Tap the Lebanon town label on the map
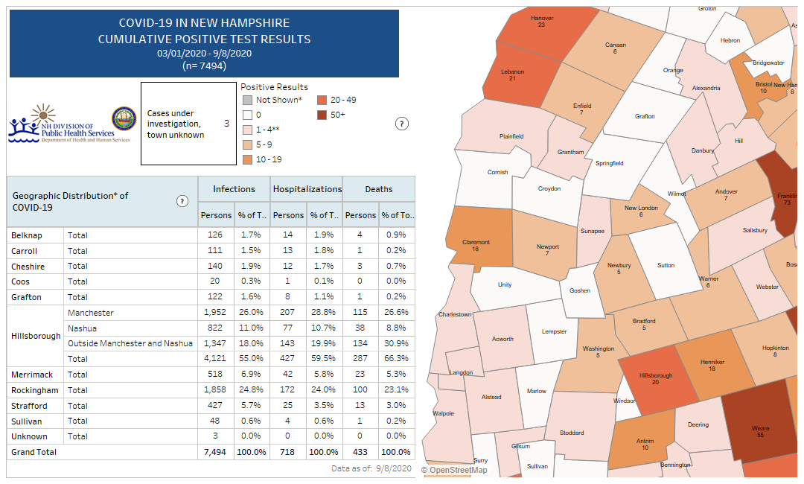click(512, 71)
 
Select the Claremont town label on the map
click(476, 242)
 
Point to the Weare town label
click(760, 429)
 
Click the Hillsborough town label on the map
click(655, 376)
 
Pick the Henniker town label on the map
click(712, 363)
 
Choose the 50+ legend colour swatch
click(322, 115)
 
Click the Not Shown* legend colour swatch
click(247, 100)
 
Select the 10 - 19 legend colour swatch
click(247, 159)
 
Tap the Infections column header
click(234, 189)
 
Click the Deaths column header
click(378, 189)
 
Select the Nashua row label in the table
click(81, 328)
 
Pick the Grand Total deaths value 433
click(360, 452)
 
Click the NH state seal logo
click(124, 119)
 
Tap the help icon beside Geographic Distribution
click(182, 201)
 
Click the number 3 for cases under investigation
click(226, 124)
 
